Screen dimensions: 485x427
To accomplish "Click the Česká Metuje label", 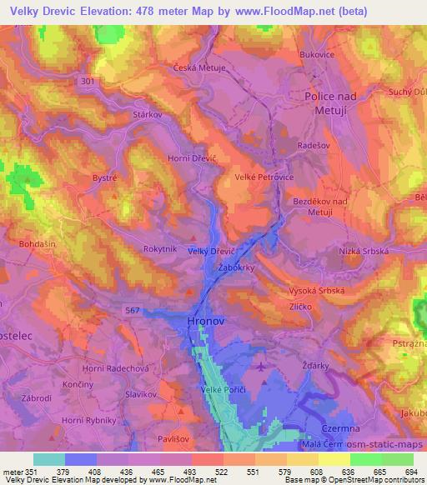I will point(199,67).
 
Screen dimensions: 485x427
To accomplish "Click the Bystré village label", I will point(104,177).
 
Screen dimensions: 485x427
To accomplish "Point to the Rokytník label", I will point(160,247).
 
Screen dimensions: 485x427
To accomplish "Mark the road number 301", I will point(91,81).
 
